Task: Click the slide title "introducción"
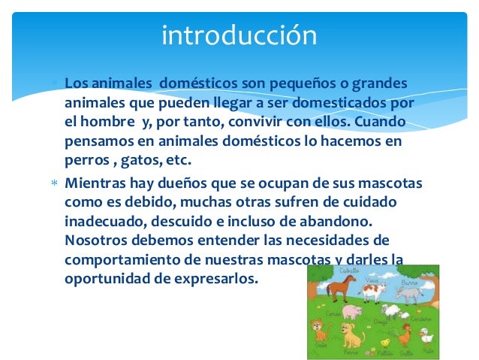pos(239,35)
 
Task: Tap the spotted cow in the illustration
pos(373,290)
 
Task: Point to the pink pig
pos(353,311)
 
